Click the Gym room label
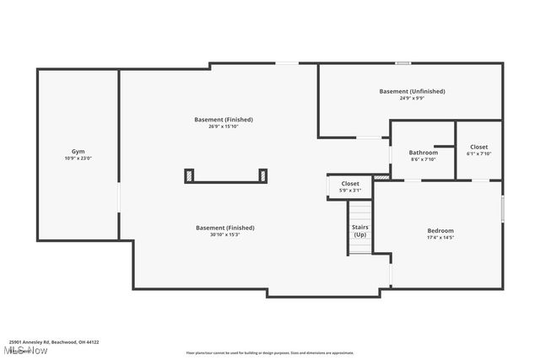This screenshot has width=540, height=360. pyautogui.click(x=78, y=152)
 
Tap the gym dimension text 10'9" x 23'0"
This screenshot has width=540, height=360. pyautogui.click(x=78, y=159)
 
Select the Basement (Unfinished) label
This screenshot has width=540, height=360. pyautogui.click(x=412, y=91)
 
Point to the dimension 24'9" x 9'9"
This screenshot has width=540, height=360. pyautogui.click(x=412, y=98)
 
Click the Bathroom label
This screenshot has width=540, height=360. pyautogui.click(x=424, y=153)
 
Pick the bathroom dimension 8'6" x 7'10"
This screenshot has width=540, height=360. pyautogui.click(x=424, y=159)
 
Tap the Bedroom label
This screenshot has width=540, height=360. pyautogui.click(x=440, y=231)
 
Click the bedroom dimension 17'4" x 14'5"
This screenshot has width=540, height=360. pyautogui.click(x=440, y=238)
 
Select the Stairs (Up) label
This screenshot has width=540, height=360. pyautogui.click(x=360, y=230)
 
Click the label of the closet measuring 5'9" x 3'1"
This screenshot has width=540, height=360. pyautogui.click(x=350, y=184)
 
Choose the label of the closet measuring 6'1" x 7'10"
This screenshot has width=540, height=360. pyautogui.click(x=479, y=147)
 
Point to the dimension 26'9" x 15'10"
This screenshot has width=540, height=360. pyautogui.click(x=224, y=126)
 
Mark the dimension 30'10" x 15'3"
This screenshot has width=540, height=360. pyautogui.click(x=224, y=234)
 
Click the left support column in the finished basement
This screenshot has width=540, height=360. pyautogui.click(x=190, y=175)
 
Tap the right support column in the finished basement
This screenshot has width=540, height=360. pyautogui.click(x=263, y=175)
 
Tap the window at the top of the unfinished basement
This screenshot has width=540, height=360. pyautogui.click(x=403, y=63)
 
